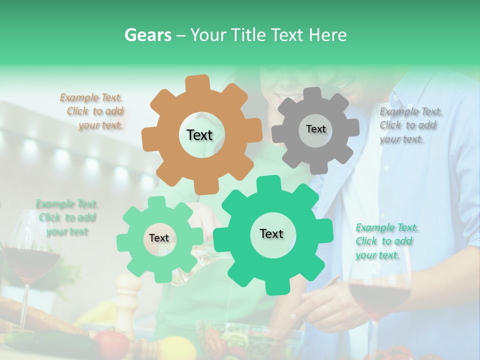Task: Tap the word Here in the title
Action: [328, 35]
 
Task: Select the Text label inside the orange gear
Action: [199, 135]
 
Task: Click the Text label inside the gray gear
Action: [315, 129]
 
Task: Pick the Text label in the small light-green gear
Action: [159, 238]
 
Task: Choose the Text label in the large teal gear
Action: [271, 234]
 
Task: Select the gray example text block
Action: [409, 125]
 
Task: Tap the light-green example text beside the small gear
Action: [67, 218]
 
